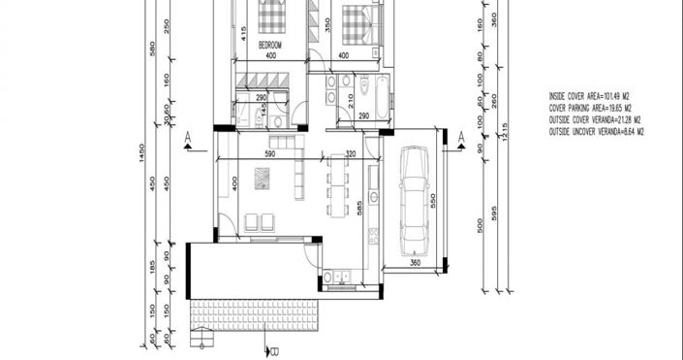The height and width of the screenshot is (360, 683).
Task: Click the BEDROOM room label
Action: [270, 46]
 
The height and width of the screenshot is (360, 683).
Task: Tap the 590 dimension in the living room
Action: [272, 154]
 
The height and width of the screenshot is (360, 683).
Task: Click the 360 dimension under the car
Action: [414, 262]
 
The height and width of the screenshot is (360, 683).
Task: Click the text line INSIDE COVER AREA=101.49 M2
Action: [590, 97]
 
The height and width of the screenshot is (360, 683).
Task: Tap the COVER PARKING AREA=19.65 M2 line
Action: [590, 109]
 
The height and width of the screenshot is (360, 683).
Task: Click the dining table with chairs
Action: [336, 184]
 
